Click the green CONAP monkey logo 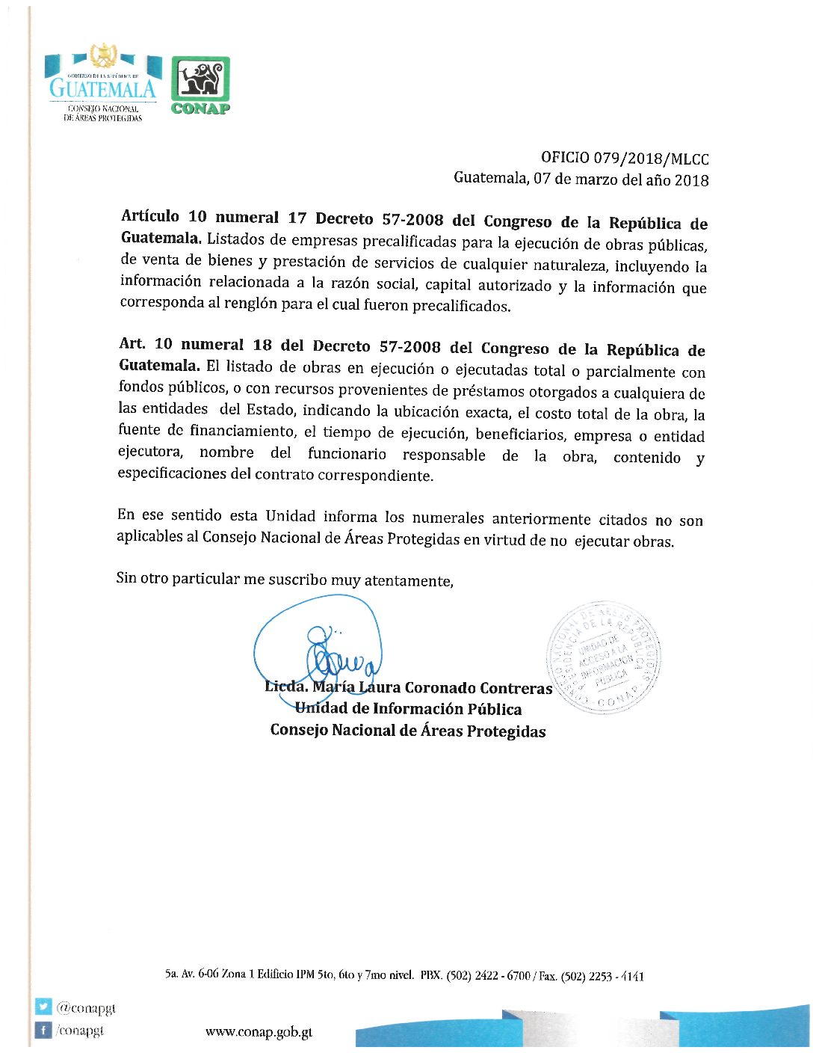pyautogui.click(x=200, y=85)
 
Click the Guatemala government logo pyautogui.click(x=103, y=84)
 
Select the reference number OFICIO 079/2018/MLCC pyautogui.click(x=625, y=159)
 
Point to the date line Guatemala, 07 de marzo pyautogui.click(x=581, y=179)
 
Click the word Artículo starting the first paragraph pyautogui.click(x=150, y=217)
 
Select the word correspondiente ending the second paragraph pyautogui.click(x=377, y=476)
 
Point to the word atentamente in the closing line pyautogui.click(x=408, y=580)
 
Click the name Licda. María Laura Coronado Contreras pyautogui.click(x=408, y=688)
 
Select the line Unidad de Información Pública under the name pyautogui.click(x=408, y=709)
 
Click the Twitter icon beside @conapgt pyautogui.click(x=44, y=1007)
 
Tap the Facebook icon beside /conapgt pyautogui.click(x=44, y=1031)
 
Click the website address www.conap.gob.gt pyautogui.click(x=259, y=1032)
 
